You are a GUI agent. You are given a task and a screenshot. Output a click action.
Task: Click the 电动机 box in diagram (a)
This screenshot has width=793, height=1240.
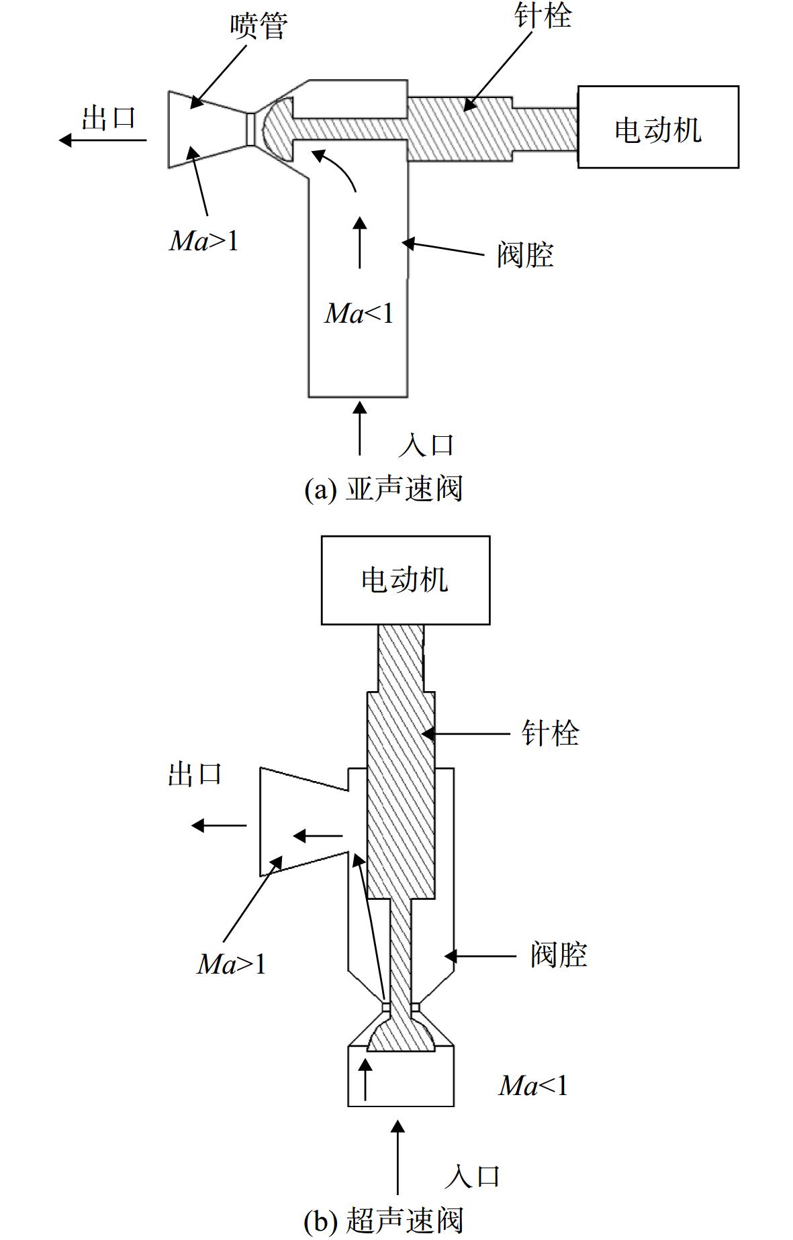tap(658, 127)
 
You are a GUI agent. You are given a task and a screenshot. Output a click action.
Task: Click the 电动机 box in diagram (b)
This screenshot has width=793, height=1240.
tap(406, 580)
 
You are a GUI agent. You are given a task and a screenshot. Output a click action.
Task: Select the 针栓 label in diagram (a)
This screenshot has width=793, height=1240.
tap(543, 15)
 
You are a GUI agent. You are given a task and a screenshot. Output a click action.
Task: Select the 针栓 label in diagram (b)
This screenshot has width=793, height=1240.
tap(551, 733)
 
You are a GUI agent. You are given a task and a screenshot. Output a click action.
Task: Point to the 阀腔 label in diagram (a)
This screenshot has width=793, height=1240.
tap(525, 255)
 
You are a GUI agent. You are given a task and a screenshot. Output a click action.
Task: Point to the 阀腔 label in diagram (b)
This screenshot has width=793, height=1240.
tap(559, 954)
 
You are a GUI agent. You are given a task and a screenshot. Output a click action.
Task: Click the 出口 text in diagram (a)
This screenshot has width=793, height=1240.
tap(109, 117)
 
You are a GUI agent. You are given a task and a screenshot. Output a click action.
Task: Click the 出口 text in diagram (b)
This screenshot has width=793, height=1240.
tap(195, 774)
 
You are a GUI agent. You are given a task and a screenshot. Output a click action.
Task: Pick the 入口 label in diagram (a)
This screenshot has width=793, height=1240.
tap(426, 445)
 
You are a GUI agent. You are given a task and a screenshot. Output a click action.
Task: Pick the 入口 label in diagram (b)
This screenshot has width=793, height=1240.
tap(473, 1176)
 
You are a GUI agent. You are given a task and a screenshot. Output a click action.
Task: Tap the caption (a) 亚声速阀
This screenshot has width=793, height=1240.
tap(383, 489)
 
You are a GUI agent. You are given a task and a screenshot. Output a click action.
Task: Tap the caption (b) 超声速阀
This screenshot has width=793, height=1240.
tap(383, 1221)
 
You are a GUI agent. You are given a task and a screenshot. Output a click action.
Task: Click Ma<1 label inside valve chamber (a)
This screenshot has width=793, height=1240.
tap(359, 313)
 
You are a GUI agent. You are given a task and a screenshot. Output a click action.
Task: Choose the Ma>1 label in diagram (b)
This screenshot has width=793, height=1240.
tap(232, 964)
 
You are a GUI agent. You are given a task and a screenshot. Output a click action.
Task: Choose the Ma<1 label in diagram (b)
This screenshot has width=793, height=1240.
tap(533, 1085)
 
